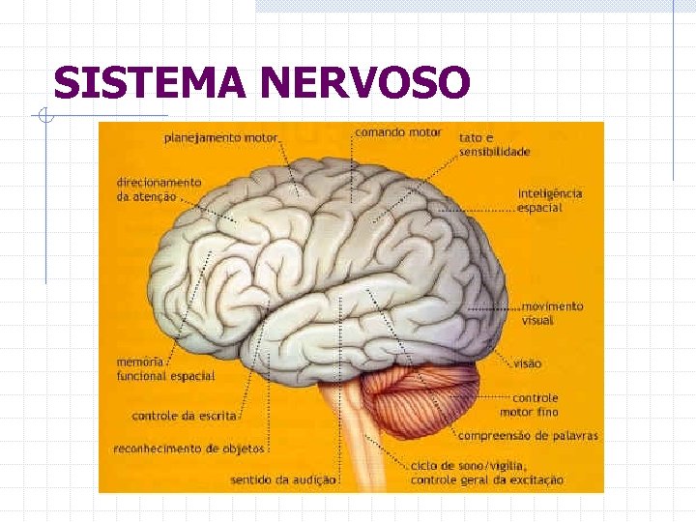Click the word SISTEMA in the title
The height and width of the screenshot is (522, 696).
(x=151, y=83)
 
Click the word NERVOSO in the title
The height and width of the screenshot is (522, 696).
(x=365, y=83)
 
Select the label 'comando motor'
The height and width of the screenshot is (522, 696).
(x=398, y=132)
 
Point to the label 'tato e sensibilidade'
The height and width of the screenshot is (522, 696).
(x=494, y=145)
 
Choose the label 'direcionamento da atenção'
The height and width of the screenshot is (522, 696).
(x=159, y=188)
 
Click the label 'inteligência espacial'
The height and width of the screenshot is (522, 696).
(x=549, y=200)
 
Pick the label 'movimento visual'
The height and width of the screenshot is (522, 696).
(x=552, y=312)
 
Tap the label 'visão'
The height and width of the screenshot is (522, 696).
(x=528, y=363)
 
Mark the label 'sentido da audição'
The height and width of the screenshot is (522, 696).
(x=283, y=478)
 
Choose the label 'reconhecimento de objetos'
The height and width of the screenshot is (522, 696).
(x=188, y=449)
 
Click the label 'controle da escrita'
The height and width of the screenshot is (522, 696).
(x=184, y=417)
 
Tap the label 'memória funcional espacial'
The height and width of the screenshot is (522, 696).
(x=164, y=369)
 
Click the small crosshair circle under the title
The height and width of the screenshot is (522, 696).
(x=43, y=117)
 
